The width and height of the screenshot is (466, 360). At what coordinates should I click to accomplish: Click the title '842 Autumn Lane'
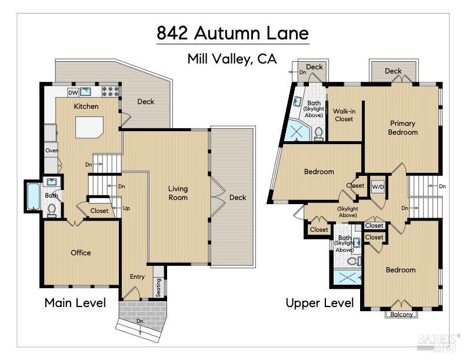coord(232,33)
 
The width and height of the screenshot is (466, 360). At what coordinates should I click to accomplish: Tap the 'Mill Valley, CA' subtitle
coord(232,59)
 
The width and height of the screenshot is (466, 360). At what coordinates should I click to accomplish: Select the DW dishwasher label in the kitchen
coord(73,92)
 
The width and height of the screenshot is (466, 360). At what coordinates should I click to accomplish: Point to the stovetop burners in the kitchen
coord(111,92)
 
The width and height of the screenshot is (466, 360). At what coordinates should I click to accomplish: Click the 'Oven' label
coord(52,151)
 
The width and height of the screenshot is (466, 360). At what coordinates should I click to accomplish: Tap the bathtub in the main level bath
coord(31,197)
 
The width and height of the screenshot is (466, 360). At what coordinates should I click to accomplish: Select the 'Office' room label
coord(81,253)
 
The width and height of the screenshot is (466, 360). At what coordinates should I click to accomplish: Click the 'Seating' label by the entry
coord(158,286)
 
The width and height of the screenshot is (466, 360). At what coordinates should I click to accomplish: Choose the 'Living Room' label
coord(178,193)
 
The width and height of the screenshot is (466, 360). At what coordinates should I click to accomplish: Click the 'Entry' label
coord(137,276)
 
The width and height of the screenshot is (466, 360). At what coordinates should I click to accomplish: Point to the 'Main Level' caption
coord(75,303)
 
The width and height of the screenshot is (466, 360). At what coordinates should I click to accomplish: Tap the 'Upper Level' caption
coord(319,303)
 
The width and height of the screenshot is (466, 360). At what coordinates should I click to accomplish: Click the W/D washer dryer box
coord(377,187)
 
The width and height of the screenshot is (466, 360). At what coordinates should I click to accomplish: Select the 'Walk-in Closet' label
coord(344,115)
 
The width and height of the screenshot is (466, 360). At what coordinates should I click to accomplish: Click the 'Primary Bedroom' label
coord(402,128)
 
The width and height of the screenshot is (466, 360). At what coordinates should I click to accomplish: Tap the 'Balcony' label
coord(402,314)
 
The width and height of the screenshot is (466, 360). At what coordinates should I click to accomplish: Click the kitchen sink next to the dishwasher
coord(86,92)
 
